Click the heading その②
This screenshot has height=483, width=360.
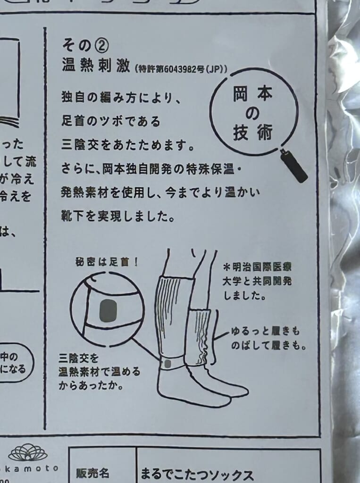(85, 45)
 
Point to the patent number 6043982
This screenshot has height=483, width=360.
(181, 68)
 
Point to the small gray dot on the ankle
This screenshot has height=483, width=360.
(166, 364)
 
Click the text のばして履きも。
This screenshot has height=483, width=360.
(269, 345)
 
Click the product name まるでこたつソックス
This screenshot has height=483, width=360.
(197, 474)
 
